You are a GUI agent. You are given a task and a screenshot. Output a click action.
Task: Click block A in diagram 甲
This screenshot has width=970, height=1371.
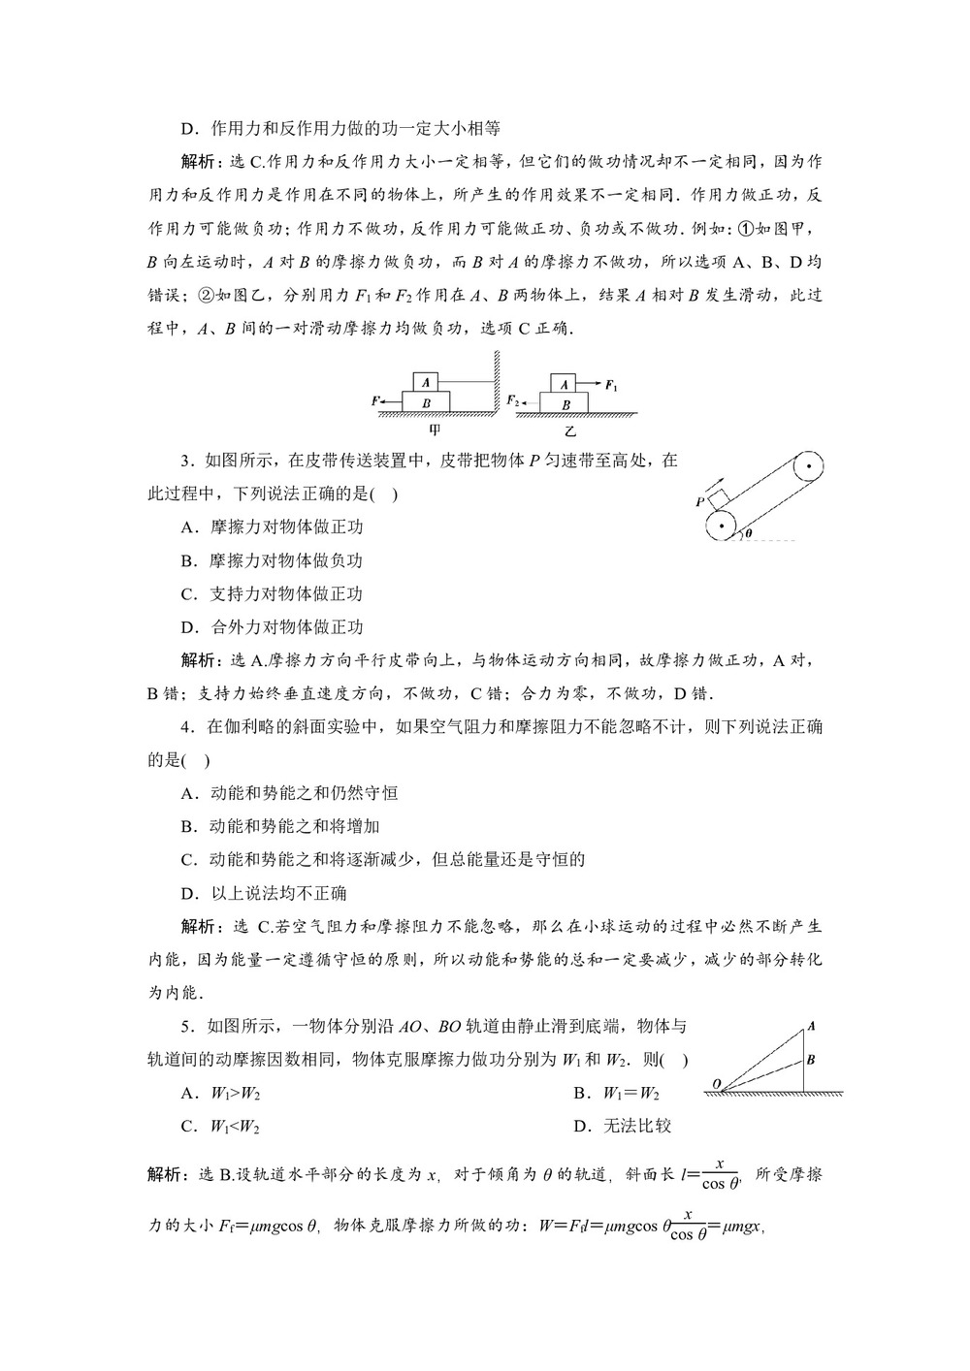(x=427, y=381)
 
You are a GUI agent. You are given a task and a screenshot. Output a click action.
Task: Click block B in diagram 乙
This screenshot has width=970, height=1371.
(x=566, y=403)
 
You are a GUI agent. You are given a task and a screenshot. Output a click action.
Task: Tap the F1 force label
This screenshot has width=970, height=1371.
(x=611, y=385)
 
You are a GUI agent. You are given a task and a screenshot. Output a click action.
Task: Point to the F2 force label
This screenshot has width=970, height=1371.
(x=512, y=399)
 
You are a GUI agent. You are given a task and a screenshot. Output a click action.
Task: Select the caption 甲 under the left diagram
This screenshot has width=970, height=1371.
(x=434, y=430)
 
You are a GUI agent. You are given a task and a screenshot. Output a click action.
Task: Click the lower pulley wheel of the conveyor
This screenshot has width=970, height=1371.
(x=721, y=529)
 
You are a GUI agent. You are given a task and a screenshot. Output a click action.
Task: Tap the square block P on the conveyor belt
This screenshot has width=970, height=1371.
(x=717, y=499)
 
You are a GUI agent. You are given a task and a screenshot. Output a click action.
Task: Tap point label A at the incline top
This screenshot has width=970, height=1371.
(x=810, y=1026)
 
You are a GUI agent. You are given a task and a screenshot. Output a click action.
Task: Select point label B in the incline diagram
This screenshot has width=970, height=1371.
(x=810, y=1059)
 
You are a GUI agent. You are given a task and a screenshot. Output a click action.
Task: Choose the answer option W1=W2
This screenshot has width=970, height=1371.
(x=630, y=1093)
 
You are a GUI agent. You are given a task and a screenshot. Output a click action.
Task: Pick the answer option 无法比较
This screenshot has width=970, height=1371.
(x=636, y=1126)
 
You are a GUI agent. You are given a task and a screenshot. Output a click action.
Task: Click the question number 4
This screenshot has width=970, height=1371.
(x=186, y=726)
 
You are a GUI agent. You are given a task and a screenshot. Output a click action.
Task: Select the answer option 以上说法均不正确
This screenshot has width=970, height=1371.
(x=277, y=893)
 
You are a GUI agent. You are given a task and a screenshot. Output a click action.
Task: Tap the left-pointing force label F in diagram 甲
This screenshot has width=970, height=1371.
(x=375, y=399)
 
